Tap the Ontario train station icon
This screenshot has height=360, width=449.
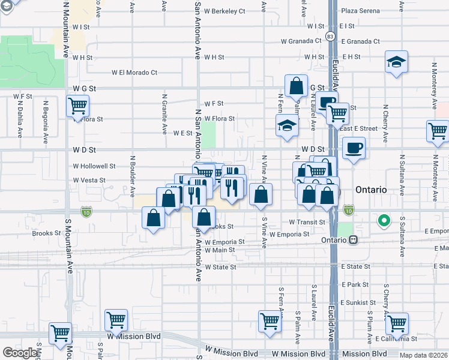(x=354, y=239)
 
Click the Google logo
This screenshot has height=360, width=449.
(x=19, y=353)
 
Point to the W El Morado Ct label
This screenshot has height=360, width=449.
(x=134, y=73)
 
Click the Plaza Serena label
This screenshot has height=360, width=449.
(x=361, y=11)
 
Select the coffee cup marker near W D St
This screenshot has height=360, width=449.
(x=354, y=148)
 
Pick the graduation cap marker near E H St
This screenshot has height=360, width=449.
(x=396, y=62)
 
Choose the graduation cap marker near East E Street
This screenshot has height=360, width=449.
(x=287, y=126)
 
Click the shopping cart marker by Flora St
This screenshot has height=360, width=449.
(x=78, y=107)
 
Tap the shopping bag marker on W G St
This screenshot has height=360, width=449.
(x=297, y=86)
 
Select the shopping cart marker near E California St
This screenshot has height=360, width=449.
(x=397, y=323)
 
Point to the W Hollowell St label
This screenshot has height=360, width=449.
(x=94, y=166)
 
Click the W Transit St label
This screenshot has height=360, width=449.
(x=307, y=222)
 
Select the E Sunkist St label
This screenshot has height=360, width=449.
(x=358, y=303)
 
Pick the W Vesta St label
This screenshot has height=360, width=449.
(x=89, y=180)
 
